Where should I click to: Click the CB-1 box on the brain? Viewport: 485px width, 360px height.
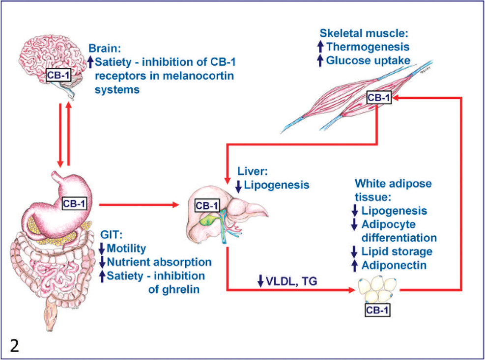pos(58,75)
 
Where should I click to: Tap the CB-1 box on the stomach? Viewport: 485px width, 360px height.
pos(74,203)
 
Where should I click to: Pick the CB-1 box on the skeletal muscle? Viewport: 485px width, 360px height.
pos(378,97)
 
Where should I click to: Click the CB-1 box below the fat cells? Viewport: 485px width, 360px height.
pos(377,310)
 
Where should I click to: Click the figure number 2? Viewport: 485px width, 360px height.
pos(15,345)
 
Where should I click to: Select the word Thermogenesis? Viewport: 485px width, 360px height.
pos(368,47)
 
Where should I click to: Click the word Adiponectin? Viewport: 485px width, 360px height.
pos(394,265)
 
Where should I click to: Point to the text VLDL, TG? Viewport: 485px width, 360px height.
pos(291,281)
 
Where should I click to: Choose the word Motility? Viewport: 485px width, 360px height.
pos(126,249)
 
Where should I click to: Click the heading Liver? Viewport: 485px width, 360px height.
pos(253,171)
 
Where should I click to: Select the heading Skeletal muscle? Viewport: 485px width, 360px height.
pos(364,33)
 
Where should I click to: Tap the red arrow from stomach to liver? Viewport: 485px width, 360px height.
pos(139,204)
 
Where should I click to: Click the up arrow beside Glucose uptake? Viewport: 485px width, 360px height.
pos(320,60)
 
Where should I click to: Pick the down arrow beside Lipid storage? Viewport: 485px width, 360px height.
pos(354,252)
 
